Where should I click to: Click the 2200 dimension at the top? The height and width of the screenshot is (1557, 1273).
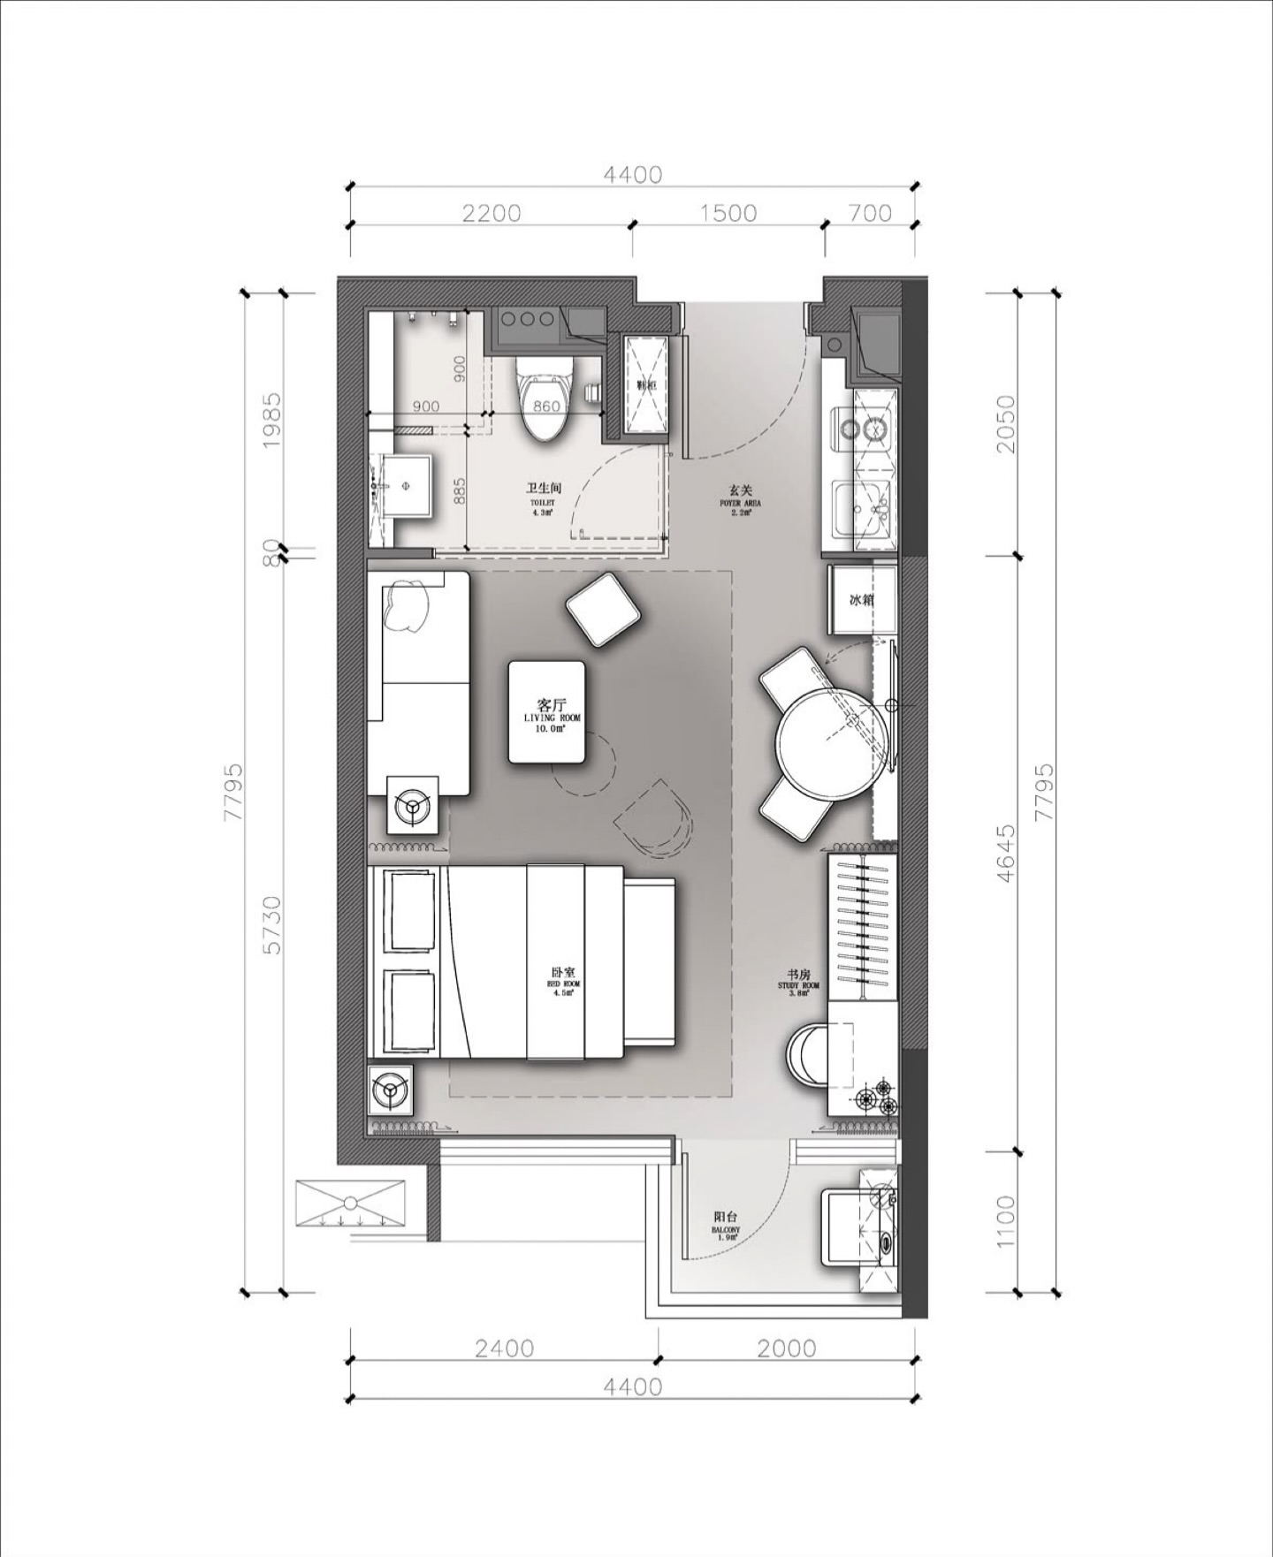click(x=491, y=213)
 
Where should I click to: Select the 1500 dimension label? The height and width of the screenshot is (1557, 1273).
click(x=729, y=213)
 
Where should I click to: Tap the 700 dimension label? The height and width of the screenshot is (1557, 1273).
click(x=870, y=213)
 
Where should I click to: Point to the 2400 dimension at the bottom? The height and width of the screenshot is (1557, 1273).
click(x=504, y=1348)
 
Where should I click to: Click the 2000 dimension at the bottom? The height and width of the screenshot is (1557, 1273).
click(x=787, y=1348)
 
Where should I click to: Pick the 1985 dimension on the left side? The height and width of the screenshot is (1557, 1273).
click(x=272, y=420)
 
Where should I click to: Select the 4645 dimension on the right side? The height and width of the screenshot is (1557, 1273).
click(x=1005, y=854)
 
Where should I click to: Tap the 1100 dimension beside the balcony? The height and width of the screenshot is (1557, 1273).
click(x=1005, y=1222)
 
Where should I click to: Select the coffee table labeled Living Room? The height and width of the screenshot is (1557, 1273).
click(x=546, y=711)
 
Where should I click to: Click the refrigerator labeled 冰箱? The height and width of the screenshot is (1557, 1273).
click(x=862, y=600)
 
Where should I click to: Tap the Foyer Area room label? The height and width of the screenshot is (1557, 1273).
click(x=740, y=499)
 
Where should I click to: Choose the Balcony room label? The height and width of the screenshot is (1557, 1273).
click(x=725, y=1223)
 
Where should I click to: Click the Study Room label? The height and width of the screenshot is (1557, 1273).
click(x=798, y=980)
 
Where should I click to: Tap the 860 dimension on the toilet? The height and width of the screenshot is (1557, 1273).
click(x=546, y=406)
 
